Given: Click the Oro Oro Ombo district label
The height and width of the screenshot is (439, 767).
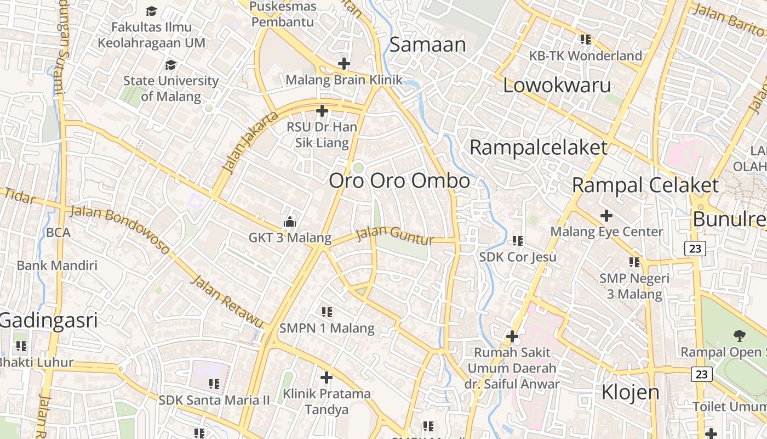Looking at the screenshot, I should tap(399, 181).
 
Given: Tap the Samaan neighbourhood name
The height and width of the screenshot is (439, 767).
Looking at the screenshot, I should tap(427, 44).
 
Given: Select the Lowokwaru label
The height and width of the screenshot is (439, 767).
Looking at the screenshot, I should tap(557, 86).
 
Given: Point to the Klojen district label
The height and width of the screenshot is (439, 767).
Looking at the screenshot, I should tap(630, 392).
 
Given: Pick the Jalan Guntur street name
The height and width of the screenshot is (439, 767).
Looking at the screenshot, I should tap(394, 236).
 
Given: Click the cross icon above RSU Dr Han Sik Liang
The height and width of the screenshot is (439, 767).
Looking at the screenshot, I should tap(322, 111).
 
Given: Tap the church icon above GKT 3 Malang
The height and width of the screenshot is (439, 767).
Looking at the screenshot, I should tap(289, 222).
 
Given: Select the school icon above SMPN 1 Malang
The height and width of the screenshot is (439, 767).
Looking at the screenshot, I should tap(327, 312).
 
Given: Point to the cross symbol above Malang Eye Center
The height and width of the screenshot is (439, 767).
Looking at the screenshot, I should tap(606, 216).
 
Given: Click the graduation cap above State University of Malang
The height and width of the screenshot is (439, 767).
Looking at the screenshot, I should tap(170, 65).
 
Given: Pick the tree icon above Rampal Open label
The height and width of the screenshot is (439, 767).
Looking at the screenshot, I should tap(739, 335).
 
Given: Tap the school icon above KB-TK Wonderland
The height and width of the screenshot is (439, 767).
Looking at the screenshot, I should tap(586, 40).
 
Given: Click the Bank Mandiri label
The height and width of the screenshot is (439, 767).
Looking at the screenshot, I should tap(57, 266).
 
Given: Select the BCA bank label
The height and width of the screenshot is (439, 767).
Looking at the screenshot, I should tap(58, 232).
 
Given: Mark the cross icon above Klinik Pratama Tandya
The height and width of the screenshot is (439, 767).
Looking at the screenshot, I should tap(327, 378).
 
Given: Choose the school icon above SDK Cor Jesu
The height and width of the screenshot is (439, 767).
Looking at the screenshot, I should tap(518, 240).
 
